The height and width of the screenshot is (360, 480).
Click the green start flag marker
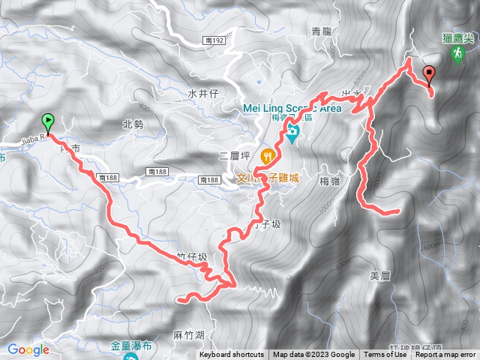(47, 120)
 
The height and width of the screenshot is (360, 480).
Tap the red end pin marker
(429, 74)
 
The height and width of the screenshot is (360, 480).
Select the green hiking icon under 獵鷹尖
(457, 55)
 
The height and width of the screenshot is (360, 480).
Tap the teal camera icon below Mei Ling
(292, 133)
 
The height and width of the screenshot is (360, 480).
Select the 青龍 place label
(321, 31)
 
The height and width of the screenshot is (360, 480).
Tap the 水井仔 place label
(202, 93)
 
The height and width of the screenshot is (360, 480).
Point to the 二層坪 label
(232, 155)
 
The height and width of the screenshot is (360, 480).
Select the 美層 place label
(382, 275)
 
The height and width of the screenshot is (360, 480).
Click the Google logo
(28, 349)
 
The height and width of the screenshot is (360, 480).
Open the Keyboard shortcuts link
(232, 355)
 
